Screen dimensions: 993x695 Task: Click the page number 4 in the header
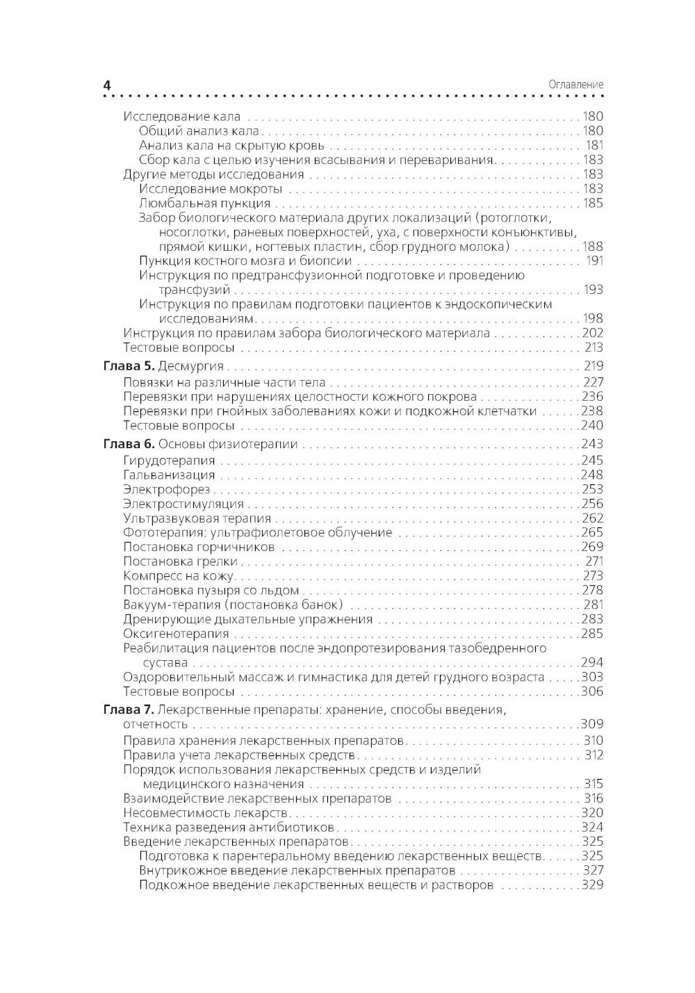point(107,85)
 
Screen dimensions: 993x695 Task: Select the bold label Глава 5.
point(129,366)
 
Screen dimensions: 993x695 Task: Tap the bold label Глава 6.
point(129,444)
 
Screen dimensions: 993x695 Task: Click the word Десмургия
point(191,366)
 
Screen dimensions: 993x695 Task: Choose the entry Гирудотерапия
point(169,460)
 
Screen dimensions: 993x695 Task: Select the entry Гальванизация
point(169,475)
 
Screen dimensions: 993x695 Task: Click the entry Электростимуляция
point(183,504)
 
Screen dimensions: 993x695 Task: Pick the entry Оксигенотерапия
point(176,634)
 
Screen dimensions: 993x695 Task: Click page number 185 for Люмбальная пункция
point(592,204)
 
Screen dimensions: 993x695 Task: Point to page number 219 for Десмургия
point(593,366)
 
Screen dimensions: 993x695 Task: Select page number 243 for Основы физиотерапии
point(592,444)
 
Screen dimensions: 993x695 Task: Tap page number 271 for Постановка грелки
point(594,561)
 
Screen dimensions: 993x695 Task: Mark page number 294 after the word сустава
point(592,663)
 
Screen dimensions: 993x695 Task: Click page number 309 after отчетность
point(592,724)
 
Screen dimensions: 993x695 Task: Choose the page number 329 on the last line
point(592,885)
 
